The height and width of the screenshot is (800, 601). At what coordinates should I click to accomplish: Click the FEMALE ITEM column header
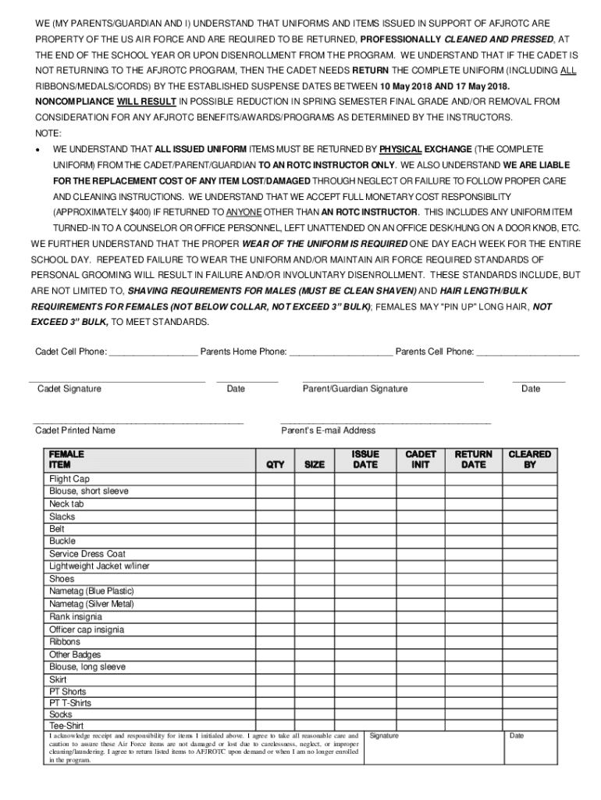pyautogui.click(x=67, y=459)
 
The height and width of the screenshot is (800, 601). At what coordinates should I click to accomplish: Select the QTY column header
pyautogui.click(x=275, y=465)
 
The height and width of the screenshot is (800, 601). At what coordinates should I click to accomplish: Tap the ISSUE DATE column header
pyautogui.click(x=365, y=459)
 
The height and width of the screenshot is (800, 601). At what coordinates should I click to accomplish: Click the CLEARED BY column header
pyautogui.click(x=529, y=459)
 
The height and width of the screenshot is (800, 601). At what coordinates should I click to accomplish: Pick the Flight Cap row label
pyautogui.click(x=69, y=479)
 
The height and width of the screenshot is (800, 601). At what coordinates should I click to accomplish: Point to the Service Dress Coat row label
pyautogui.click(x=87, y=554)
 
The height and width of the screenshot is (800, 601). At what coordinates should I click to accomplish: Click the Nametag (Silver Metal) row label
pyautogui.click(x=91, y=604)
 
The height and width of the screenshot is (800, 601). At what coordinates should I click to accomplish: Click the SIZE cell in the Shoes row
pyautogui.click(x=315, y=579)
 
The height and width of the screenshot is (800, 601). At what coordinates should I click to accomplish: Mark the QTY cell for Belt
pyautogui.click(x=275, y=529)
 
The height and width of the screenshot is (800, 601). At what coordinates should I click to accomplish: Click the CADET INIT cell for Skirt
pyautogui.click(x=421, y=680)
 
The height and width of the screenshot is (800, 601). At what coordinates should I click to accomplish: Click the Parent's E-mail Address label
pyautogui.click(x=328, y=430)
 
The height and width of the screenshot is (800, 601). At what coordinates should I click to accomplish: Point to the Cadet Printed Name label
pyautogui.click(x=75, y=430)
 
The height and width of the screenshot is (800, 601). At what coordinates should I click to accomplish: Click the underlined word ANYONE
pyautogui.click(x=244, y=212)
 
